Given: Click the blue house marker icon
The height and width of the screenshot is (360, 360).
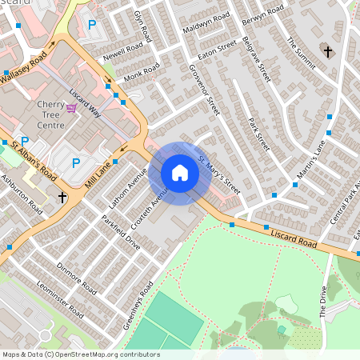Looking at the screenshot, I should tap(180, 173).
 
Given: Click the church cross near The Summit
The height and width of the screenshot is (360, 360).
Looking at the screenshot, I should tap(328, 52).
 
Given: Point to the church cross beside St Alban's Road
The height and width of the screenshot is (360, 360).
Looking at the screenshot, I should tap(62, 197).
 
